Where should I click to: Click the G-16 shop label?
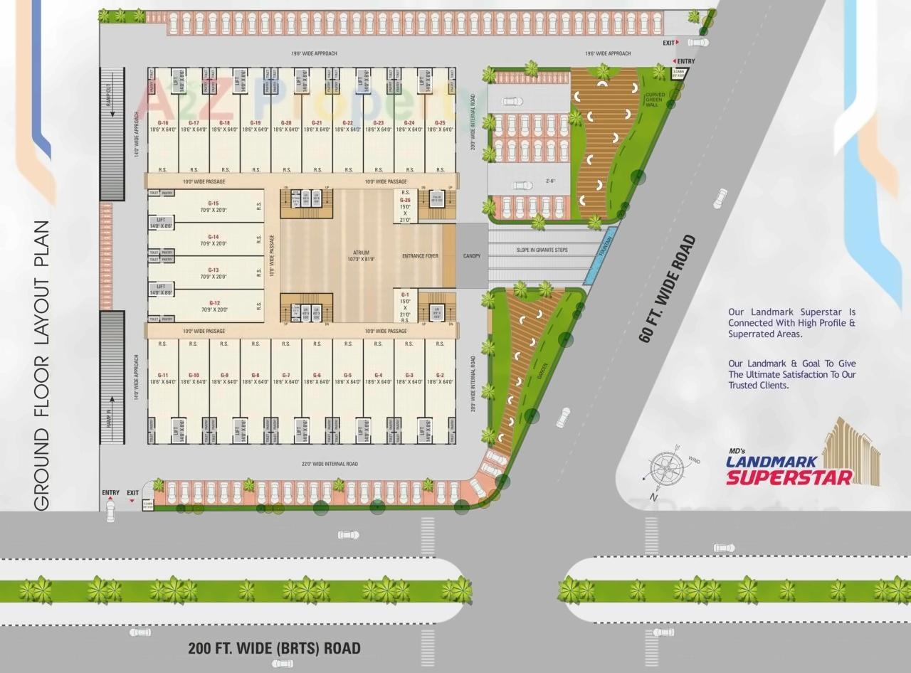[x=163, y=122]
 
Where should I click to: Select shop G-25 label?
[x=440, y=122]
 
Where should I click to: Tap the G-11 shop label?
[x=163, y=375]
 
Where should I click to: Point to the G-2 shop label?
[x=440, y=375]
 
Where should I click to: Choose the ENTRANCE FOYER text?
[x=420, y=256]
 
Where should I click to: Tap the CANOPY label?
[x=472, y=256]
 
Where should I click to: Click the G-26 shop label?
[x=406, y=200]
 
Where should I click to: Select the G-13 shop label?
[x=214, y=270]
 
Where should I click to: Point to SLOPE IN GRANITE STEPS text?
[x=542, y=250]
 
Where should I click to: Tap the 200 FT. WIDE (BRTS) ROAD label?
[x=274, y=648]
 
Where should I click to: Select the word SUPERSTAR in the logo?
[x=789, y=477]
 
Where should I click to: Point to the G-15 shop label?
[x=214, y=203]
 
